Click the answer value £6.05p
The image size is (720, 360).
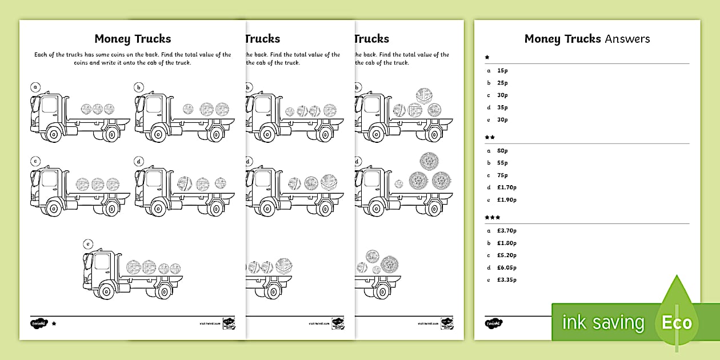click(x=507, y=267)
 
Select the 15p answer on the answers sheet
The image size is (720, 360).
click(x=503, y=70)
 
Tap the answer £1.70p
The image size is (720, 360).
click(x=507, y=187)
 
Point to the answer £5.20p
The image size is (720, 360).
click(x=507, y=255)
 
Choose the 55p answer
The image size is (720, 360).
click(x=503, y=163)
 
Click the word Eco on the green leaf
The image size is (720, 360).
click(x=677, y=323)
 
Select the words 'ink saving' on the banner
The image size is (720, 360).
click(x=603, y=323)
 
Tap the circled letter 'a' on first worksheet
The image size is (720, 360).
click(x=35, y=87)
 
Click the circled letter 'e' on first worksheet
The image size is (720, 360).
click(x=87, y=244)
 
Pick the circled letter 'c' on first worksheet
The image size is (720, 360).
click(x=35, y=161)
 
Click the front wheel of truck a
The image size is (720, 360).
click(x=53, y=135)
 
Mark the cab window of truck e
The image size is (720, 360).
click(x=102, y=262)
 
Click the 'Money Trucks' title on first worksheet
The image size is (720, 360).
click(x=133, y=39)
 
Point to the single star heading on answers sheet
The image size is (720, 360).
click(x=487, y=58)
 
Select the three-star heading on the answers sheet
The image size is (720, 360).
click(x=492, y=218)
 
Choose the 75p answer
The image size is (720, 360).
click(x=503, y=175)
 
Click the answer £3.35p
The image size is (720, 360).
click(x=507, y=280)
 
